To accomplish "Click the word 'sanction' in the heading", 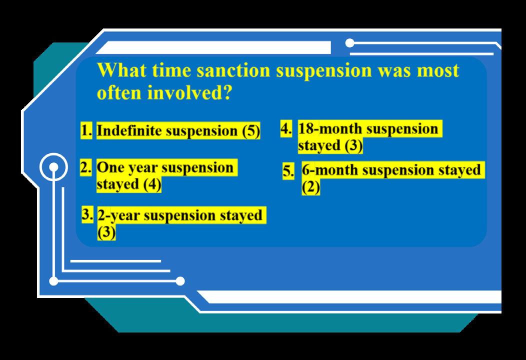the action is click(233, 70).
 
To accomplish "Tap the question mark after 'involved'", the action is click(227, 92).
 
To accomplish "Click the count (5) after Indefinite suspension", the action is click(251, 131).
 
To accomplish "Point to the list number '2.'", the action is click(86, 167).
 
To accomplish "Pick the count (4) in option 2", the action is click(152, 184).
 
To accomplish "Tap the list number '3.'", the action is click(87, 214).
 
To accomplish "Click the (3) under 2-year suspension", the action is click(106, 232).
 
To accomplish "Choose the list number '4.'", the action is click(286, 128).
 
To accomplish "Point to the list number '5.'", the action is click(288, 171).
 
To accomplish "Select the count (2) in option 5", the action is click(310, 187).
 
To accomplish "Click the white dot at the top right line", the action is click(349, 43).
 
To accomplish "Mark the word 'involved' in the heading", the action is click(185, 92).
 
